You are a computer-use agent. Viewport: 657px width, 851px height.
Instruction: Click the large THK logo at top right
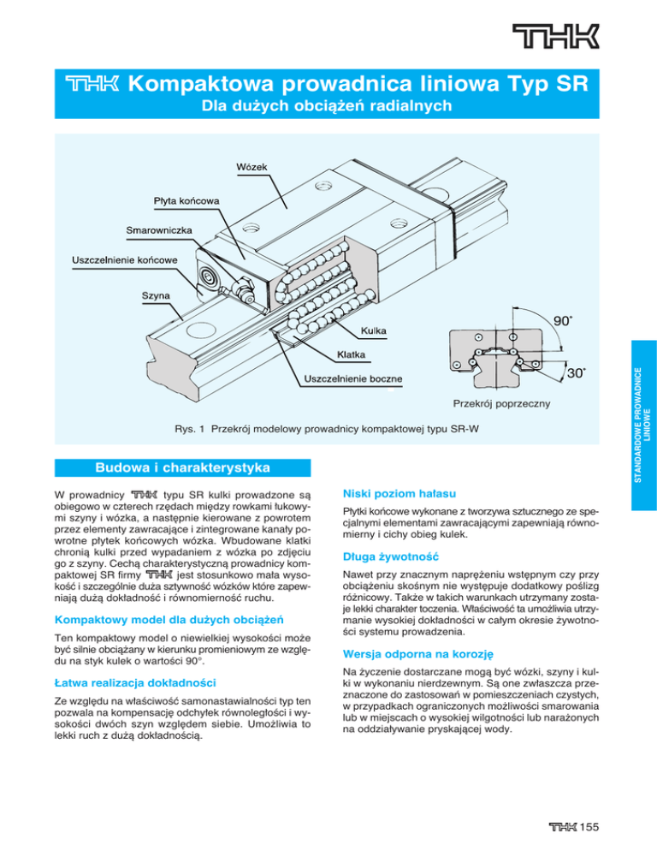pyautogui.click(x=556, y=38)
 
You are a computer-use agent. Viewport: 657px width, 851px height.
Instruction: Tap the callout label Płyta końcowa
pyautogui.click(x=186, y=200)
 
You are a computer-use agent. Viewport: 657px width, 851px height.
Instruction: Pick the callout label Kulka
pyautogui.click(x=372, y=330)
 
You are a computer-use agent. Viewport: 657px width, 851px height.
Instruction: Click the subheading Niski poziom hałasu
pyautogui.click(x=391, y=494)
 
